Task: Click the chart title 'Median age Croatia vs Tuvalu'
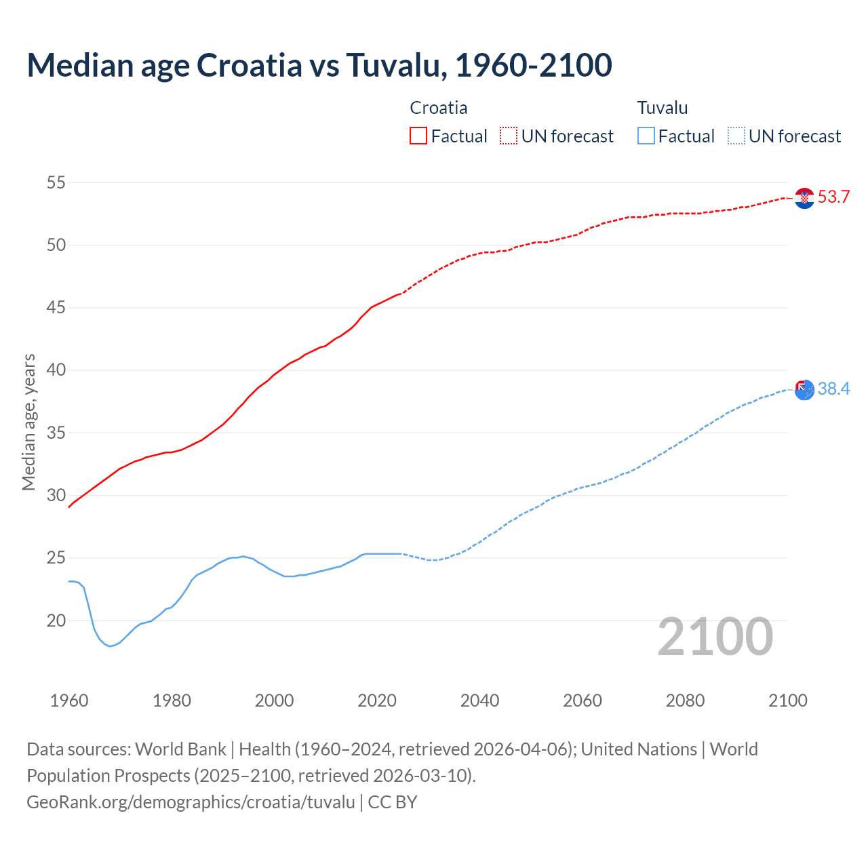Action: point(319,65)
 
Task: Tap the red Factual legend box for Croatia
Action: point(418,136)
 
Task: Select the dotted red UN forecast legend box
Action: point(509,136)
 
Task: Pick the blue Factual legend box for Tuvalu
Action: point(646,136)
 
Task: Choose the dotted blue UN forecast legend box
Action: point(736,136)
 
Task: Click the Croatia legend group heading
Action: point(438,108)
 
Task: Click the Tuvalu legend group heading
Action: point(662,108)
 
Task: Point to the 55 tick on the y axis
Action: point(56,182)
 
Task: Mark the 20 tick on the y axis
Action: point(56,620)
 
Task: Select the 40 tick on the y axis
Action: point(56,370)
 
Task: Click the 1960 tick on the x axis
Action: point(69,701)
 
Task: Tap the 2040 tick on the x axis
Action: point(479,701)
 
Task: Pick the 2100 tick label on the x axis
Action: point(787,701)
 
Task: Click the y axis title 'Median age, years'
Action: point(28,422)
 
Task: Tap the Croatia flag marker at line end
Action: point(804,198)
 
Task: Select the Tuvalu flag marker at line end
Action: point(804,390)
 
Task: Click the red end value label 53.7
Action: point(833,197)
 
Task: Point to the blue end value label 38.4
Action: point(833,389)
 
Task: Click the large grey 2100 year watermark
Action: point(715,637)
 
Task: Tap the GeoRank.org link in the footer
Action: point(191,802)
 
